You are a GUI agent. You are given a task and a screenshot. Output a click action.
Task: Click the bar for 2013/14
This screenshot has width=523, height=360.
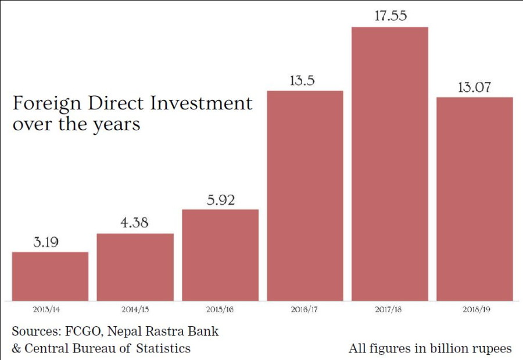coord(50,276)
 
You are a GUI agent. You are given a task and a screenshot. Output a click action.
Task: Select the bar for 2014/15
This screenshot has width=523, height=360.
coord(135,267)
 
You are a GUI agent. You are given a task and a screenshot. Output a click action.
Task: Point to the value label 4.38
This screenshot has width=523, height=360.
coord(135,222)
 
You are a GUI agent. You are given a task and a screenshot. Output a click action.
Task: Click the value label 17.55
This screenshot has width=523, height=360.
coord(390,16)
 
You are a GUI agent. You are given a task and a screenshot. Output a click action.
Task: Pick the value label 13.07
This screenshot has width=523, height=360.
coord(475,87)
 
